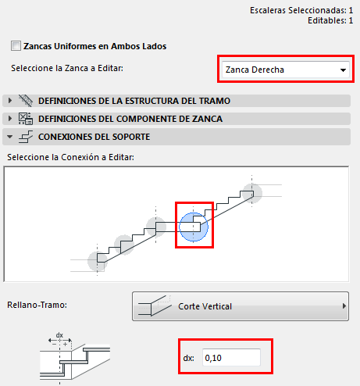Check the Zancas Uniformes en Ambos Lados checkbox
pos(16,46)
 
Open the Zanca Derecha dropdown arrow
pos(343,70)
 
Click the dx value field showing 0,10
pos(231,358)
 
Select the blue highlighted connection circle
pos(194,227)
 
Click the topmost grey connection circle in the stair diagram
pos(252,194)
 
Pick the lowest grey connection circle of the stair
pos(98,261)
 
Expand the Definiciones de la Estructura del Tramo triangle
pos(10,101)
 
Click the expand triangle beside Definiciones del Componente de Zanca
pos(10,119)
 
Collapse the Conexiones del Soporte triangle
pos(10,137)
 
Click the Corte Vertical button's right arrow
pos(344,306)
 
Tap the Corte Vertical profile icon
pos(155,306)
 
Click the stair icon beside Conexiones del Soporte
pos(26,137)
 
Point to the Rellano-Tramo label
pos(37,305)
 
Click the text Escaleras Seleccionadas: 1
pos(301,10)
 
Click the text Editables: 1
pos(330,20)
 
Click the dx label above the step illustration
pos(59,335)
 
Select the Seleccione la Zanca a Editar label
pos(67,68)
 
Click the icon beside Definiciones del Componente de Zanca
pos(26,119)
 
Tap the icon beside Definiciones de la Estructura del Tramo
pos(26,101)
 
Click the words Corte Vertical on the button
pos(205,306)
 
